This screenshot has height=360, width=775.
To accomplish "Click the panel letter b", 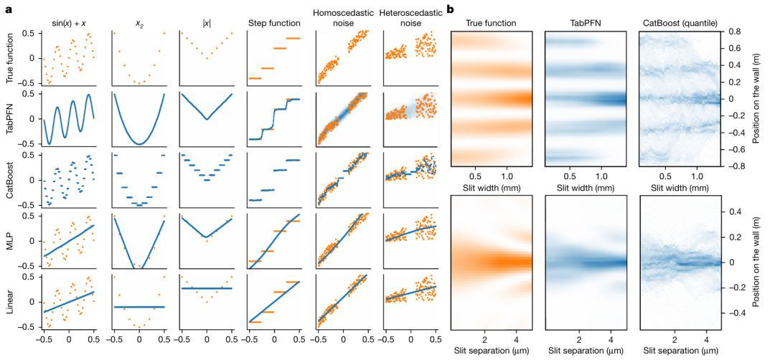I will [x=449, y=9].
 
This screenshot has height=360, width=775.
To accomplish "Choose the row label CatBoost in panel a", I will [x=10, y=181].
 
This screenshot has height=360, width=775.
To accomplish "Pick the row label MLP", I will [x=10, y=240].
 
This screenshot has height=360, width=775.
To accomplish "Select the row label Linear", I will [x=10, y=301].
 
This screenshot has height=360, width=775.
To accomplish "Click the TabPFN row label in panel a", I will [x=10, y=119].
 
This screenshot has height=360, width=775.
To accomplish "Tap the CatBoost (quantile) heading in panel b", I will [x=674, y=23].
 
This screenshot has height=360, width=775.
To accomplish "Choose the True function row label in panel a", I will [x=10, y=57].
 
